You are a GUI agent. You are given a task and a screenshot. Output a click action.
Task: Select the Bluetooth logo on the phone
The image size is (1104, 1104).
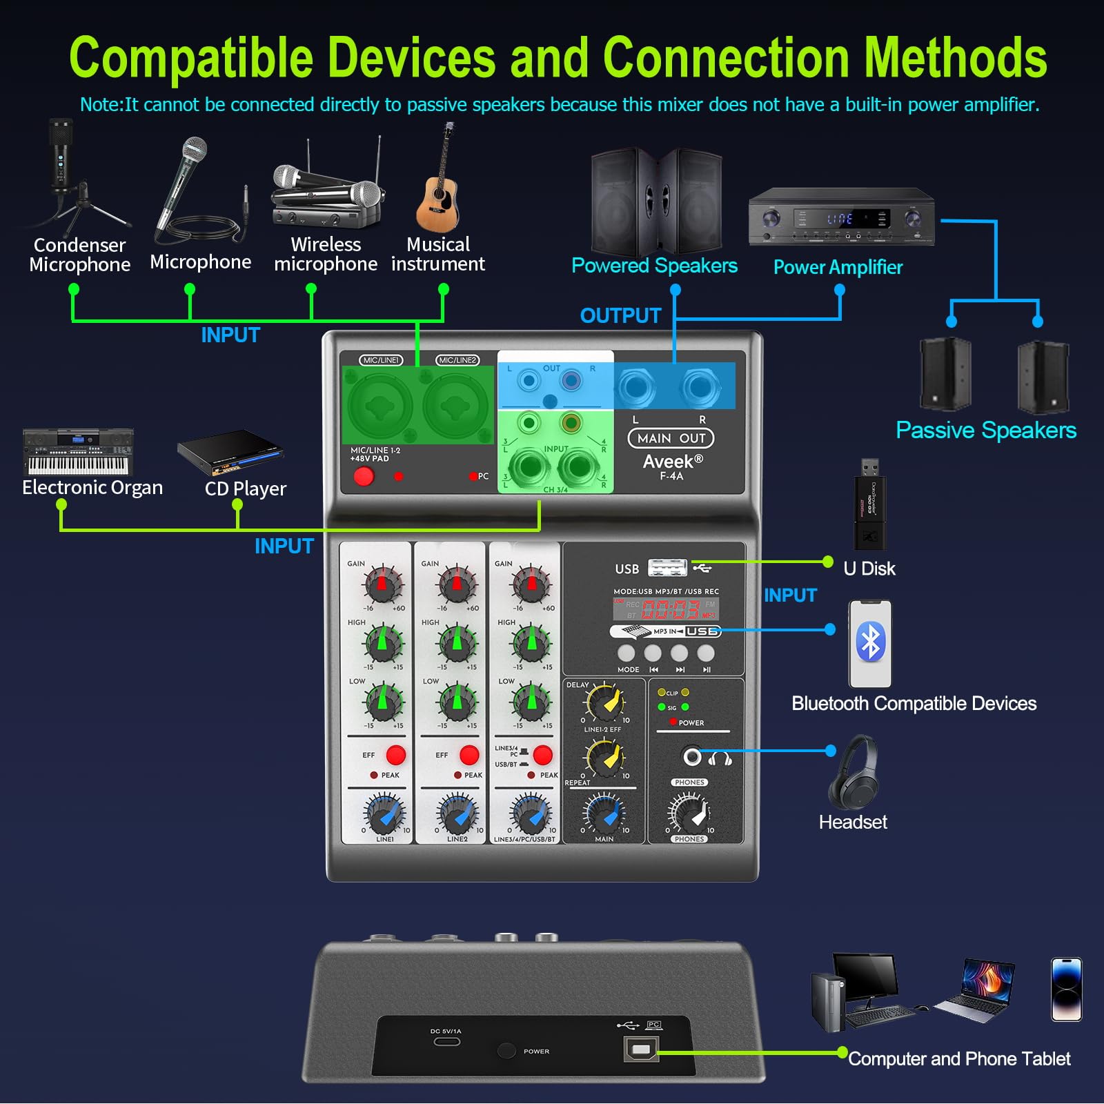click(870, 642)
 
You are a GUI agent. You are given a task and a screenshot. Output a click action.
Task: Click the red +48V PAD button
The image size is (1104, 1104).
click(363, 476)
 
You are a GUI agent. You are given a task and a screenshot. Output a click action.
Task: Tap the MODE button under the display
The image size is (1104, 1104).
click(627, 653)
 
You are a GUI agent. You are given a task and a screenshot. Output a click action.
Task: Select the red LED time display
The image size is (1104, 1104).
click(669, 609)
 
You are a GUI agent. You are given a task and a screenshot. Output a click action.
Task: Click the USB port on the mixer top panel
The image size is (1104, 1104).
click(668, 569)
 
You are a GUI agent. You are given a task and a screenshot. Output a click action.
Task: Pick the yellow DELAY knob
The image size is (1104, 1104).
click(605, 703)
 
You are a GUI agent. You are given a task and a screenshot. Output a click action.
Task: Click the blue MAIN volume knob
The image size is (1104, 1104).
click(605, 814)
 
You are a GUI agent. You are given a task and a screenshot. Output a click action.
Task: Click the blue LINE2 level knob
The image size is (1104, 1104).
click(457, 814)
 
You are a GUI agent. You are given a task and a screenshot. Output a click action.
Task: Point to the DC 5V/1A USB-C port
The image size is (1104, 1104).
click(446, 1041)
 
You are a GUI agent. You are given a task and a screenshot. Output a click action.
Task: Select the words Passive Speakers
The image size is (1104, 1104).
click(985, 431)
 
